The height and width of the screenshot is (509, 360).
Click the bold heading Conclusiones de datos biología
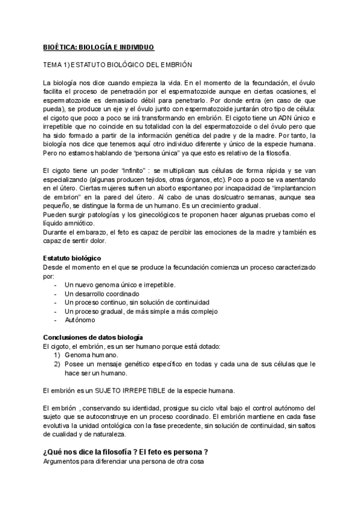(x=93, y=337)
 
